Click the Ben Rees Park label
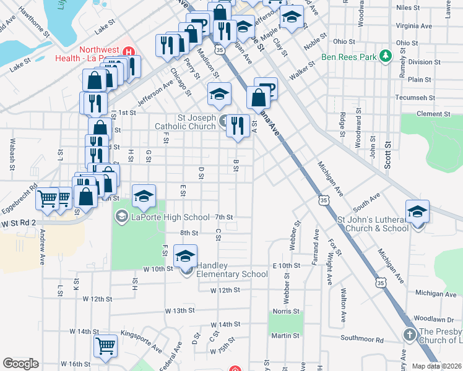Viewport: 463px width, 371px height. click(x=350, y=57)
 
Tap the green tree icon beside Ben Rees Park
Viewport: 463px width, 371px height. click(x=386, y=57)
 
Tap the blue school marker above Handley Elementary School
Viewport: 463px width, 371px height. click(x=185, y=255)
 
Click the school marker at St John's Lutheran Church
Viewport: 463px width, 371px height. click(x=418, y=211)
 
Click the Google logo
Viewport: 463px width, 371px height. click(x=20, y=364)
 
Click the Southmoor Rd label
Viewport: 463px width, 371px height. click(x=362, y=339)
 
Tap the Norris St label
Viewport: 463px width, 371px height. click(x=287, y=312)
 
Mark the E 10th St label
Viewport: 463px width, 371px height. click(x=286, y=265)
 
